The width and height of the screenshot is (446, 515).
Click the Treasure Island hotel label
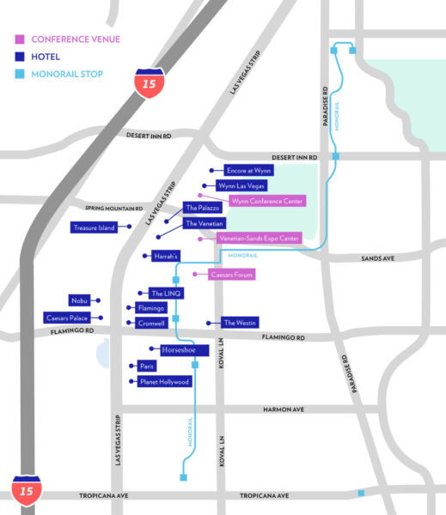pos(95,227)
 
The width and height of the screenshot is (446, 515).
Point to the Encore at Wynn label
pos(247,171)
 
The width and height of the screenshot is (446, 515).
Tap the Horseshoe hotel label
pos(179,349)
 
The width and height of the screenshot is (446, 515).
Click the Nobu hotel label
pos(79,300)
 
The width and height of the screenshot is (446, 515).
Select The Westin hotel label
pos(239,323)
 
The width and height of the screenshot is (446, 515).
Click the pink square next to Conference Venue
pos(20,39)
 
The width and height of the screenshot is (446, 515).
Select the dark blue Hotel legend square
pos(20,57)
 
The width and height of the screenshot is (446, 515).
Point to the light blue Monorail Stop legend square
pos(20,75)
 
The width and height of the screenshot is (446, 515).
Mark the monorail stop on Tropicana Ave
pos(361,494)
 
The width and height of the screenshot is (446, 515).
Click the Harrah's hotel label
pos(165,256)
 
